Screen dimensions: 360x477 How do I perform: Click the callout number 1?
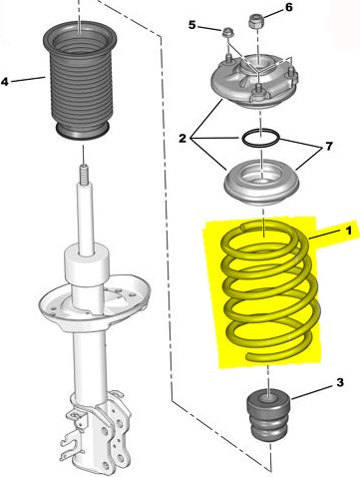[x=348, y=231]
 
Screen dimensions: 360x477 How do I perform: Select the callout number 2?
[x=182, y=139]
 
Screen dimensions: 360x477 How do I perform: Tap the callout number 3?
[x=340, y=382]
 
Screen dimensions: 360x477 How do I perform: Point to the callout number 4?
[x=5, y=81]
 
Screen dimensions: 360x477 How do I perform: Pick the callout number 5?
[x=192, y=25]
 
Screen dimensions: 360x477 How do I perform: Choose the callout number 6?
[x=289, y=7]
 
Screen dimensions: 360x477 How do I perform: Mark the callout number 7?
[x=329, y=146]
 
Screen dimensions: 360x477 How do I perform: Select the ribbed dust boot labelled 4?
[x=80, y=79]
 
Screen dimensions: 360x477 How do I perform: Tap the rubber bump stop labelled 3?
[x=268, y=415]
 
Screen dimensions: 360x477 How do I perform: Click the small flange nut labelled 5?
[x=227, y=33]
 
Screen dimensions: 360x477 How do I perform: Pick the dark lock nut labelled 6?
[x=255, y=21]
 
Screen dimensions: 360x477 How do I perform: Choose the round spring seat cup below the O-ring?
[x=261, y=182]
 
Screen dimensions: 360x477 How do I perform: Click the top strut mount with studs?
[x=254, y=80]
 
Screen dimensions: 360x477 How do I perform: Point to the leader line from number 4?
[x=28, y=79]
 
